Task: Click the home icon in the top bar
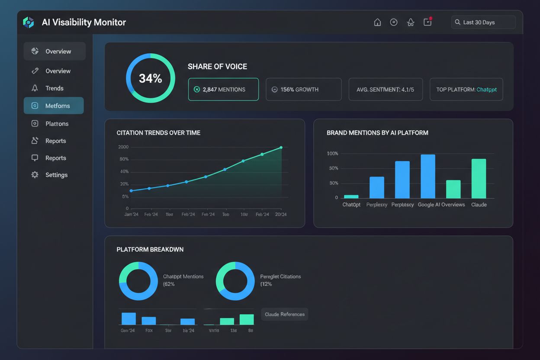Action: [x=377, y=22]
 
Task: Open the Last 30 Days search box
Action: [x=483, y=22]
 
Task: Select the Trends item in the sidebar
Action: [x=54, y=88]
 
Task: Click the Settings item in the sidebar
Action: [x=56, y=175]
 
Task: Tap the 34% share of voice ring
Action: [x=151, y=78]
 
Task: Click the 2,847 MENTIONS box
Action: [x=223, y=90]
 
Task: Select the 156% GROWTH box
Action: [x=303, y=90]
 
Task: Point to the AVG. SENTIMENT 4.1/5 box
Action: [x=385, y=90]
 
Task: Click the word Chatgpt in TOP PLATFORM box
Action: [x=486, y=90]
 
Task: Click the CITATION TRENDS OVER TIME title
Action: [x=158, y=133]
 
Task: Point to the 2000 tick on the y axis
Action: [x=123, y=147]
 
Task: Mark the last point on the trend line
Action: [x=281, y=148]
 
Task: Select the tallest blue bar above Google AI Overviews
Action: [x=428, y=176]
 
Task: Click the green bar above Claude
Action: [x=479, y=178]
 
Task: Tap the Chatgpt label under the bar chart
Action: [x=351, y=205]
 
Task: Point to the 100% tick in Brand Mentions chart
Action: [x=332, y=154]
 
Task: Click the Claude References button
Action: [x=284, y=314]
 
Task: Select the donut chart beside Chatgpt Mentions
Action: [x=138, y=281]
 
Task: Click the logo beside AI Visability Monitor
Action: [x=29, y=22]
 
